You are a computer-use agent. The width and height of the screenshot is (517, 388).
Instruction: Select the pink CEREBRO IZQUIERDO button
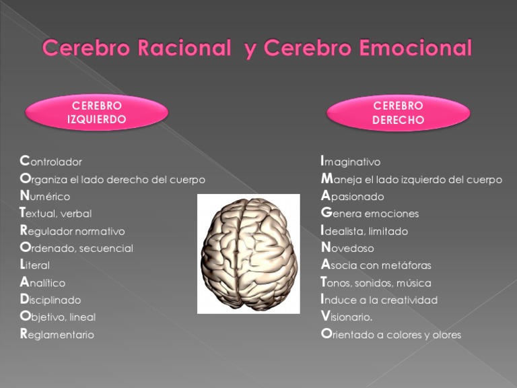[x=97, y=112]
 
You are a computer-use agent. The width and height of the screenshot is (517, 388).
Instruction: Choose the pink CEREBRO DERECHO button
[x=398, y=112]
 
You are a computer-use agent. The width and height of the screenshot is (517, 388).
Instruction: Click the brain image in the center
[x=248, y=253]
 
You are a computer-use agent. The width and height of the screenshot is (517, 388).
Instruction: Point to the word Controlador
[x=51, y=162]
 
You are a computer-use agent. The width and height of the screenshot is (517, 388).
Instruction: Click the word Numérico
[x=45, y=197]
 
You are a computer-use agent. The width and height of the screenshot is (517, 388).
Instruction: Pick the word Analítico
[x=42, y=283]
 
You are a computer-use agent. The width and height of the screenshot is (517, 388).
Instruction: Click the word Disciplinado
[x=50, y=300]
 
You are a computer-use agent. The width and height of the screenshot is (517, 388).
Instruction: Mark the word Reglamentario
[x=57, y=335]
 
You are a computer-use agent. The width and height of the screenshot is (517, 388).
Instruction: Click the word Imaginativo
[x=351, y=162]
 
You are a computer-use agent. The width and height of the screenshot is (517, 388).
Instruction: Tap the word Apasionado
[x=353, y=197]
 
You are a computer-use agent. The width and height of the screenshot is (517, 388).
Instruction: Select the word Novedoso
[x=348, y=248]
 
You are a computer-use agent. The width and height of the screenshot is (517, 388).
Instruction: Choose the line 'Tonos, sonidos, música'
[x=376, y=283]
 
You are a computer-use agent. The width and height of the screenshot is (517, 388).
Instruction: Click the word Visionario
[x=347, y=317]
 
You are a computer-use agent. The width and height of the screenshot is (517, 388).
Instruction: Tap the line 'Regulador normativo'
[x=73, y=231]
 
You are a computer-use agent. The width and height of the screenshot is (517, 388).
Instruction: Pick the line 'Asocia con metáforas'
[x=376, y=265]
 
